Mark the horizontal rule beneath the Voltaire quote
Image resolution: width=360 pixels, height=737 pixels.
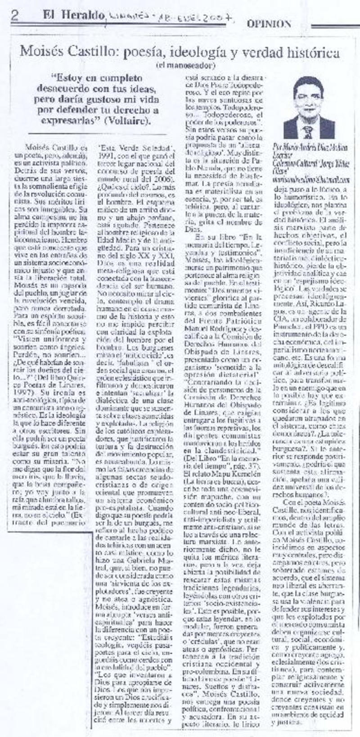point(97,134)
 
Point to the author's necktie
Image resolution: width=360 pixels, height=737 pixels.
point(308,131)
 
